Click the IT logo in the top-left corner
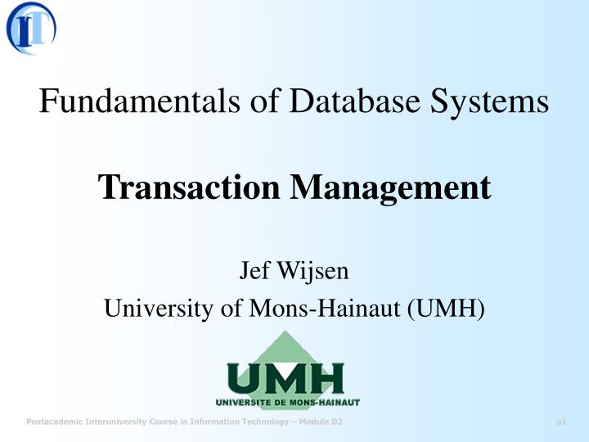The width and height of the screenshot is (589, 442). point(31,28)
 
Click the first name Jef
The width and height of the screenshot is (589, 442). point(253,269)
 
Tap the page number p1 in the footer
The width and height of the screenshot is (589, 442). point(561,422)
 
